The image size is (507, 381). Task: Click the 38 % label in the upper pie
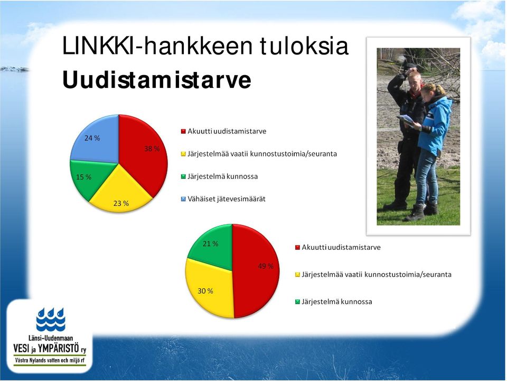(152, 149)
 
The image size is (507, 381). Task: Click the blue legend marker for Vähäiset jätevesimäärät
(183, 199)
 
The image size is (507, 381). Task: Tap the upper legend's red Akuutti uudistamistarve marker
(183, 131)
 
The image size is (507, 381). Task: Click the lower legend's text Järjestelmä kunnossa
(337, 302)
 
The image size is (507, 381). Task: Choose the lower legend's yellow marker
(297, 275)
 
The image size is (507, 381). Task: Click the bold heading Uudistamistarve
(157, 80)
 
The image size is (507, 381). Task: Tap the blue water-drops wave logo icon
(51, 320)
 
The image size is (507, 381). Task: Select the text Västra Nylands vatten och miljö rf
(50, 360)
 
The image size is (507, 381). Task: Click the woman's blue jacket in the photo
(435, 126)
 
